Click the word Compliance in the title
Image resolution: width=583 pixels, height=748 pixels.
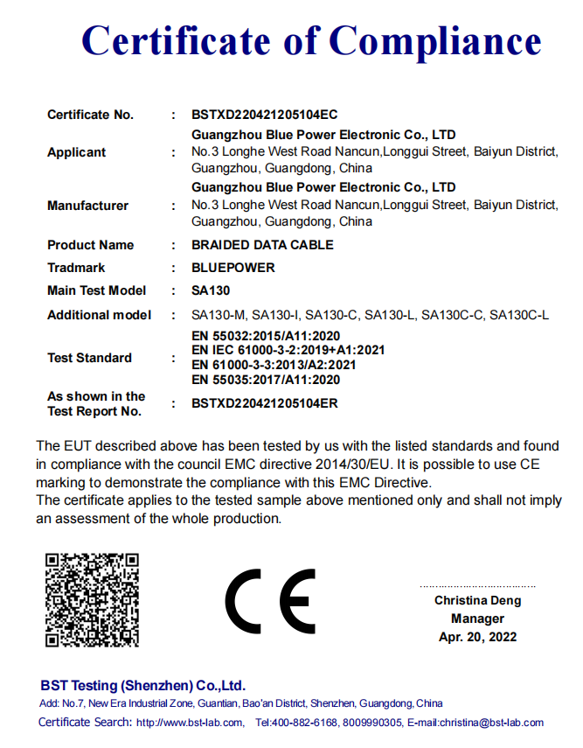pyautogui.click(x=435, y=40)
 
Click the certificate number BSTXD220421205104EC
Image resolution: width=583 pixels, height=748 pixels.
pyautogui.click(x=264, y=115)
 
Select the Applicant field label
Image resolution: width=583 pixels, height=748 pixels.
pyautogui.click(x=76, y=152)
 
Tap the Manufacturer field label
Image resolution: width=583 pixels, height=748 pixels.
pyautogui.click(x=87, y=206)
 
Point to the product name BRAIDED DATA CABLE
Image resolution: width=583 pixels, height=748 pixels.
pyautogui.click(x=262, y=245)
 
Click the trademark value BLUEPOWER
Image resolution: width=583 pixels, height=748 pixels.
pyautogui.click(x=233, y=268)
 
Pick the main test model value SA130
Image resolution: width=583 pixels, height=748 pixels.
pyautogui.click(x=211, y=290)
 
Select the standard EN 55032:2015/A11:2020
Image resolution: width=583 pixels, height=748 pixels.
pyautogui.click(x=266, y=336)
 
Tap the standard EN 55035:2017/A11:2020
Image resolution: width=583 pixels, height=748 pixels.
pyautogui.click(x=266, y=380)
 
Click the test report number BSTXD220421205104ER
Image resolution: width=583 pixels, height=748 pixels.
pyautogui.click(x=264, y=403)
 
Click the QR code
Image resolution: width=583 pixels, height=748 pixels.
pyautogui.click(x=92, y=599)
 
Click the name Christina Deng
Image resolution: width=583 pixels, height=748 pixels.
pyautogui.click(x=477, y=600)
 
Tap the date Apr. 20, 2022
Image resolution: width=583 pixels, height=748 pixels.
pyautogui.click(x=477, y=637)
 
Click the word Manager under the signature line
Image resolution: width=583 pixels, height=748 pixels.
pyautogui.click(x=477, y=619)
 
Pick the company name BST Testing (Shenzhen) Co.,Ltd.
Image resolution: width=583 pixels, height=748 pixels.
pyautogui.click(x=142, y=685)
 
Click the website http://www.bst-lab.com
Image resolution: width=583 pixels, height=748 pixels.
pyautogui.click(x=190, y=723)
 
